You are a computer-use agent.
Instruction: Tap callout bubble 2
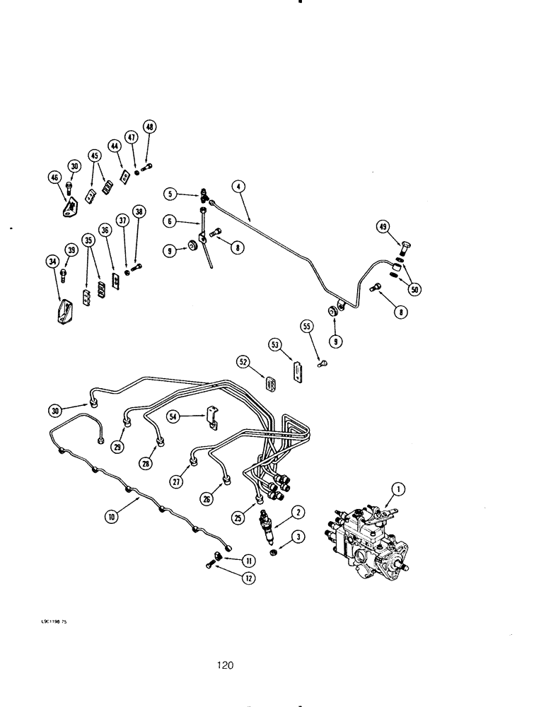tap(299, 513)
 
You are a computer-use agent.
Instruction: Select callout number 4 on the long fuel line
tap(239, 187)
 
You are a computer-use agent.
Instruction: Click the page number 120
tap(226, 665)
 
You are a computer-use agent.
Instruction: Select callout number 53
tap(275, 344)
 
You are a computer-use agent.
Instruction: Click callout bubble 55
tap(306, 327)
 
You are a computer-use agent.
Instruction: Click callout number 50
tap(414, 289)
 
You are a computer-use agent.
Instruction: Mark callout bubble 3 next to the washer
tap(299, 538)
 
